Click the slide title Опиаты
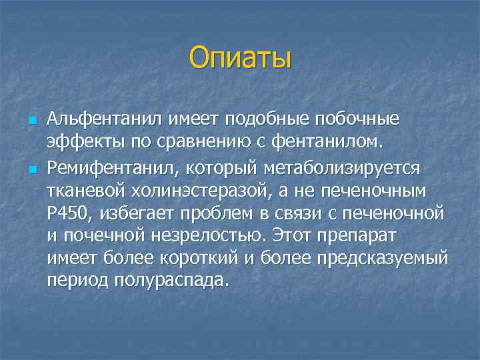tap(240, 57)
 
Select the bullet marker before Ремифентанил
tap(32, 169)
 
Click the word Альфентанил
tap(99, 119)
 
